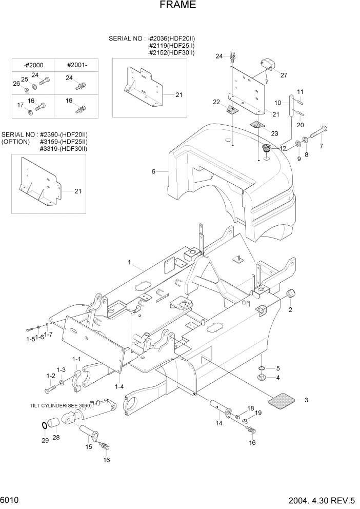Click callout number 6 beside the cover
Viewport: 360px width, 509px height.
click(153, 171)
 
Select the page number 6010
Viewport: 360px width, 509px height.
click(10, 500)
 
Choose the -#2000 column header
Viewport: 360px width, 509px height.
click(33, 65)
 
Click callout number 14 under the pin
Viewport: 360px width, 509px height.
click(219, 423)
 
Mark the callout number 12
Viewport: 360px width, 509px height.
click(283, 148)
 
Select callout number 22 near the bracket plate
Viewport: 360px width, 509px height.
click(216, 102)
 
